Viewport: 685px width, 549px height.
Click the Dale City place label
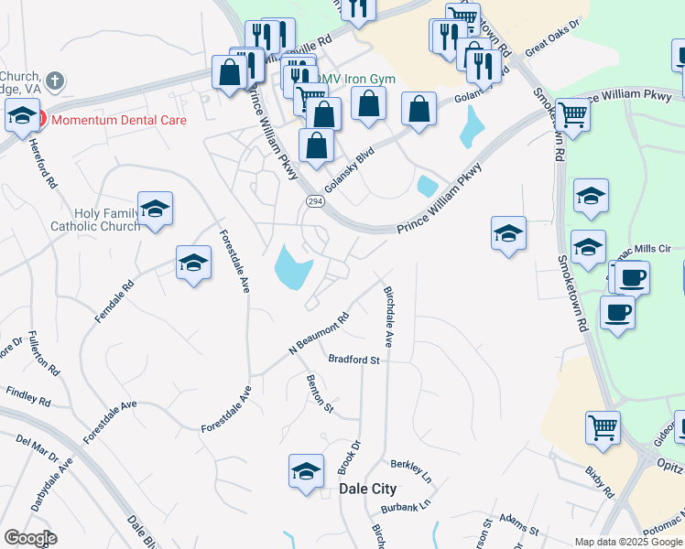368,490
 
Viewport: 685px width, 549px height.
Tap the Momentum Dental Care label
119,120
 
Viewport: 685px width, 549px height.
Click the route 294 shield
313,202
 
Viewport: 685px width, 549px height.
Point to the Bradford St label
353,360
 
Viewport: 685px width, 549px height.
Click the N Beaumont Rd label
320,335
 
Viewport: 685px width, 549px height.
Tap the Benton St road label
321,393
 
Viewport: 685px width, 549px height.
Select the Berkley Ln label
410,470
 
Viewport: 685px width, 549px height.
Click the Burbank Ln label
407,505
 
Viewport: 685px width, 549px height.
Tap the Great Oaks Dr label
554,40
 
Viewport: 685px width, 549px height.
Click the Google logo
30,538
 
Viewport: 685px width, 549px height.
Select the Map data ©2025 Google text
628,541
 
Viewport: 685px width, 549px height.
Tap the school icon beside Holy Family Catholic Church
155,210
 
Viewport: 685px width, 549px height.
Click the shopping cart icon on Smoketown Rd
572,116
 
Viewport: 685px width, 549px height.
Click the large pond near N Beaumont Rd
292,266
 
